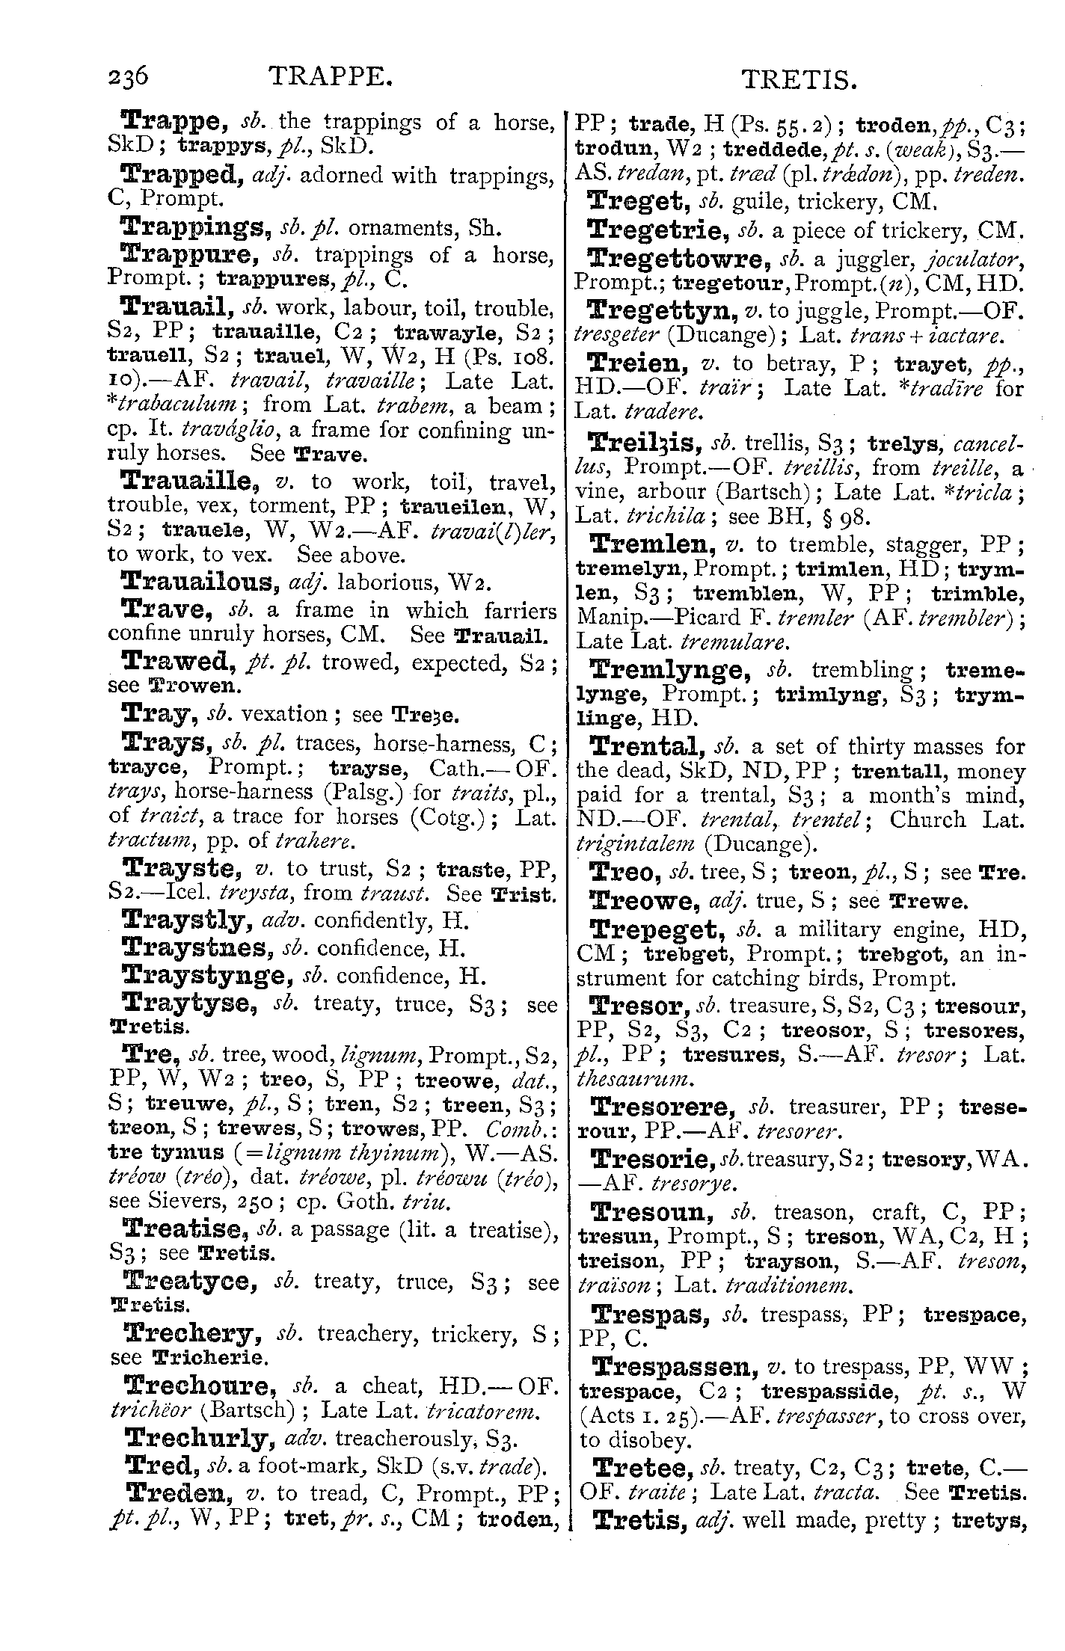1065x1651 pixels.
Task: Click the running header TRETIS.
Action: (x=797, y=80)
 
